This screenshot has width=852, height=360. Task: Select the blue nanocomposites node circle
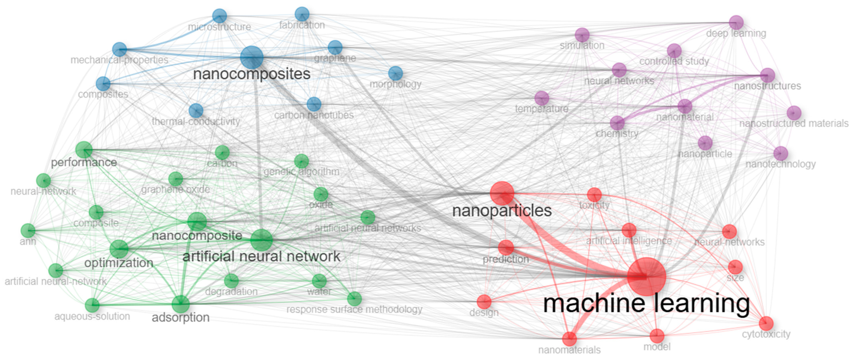pyautogui.click(x=252, y=57)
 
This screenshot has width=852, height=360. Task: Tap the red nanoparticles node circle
pyautogui.click(x=502, y=193)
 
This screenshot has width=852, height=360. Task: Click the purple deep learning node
pyautogui.click(x=736, y=23)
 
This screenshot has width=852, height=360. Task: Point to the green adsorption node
pyautogui.click(x=181, y=304)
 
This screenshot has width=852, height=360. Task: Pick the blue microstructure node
pyautogui.click(x=220, y=16)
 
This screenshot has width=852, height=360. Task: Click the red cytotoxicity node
pyautogui.click(x=766, y=323)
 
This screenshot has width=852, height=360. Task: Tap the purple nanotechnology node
pyautogui.click(x=780, y=153)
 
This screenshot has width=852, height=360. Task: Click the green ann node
pyautogui.click(x=28, y=230)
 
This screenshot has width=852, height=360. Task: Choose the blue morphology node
pyautogui.click(x=396, y=73)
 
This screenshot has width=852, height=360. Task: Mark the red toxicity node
pyautogui.click(x=594, y=194)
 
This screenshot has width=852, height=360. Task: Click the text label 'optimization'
pyautogui.click(x=119, y=263)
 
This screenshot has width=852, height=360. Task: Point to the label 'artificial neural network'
pyautogui.click(x=261, y=256)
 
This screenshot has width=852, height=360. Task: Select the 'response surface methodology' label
pyautogui.click(x=354, y=309)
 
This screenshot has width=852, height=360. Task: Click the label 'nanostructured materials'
pyautogui.click(x=794, y=124)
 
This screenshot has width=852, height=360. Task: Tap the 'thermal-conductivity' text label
pyautogui.click(x=196, y=122)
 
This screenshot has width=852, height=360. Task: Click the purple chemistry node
pyautogui.click(x=617, y=123)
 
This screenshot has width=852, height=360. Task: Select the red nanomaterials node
pyautogui.click(x=569, y=338)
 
